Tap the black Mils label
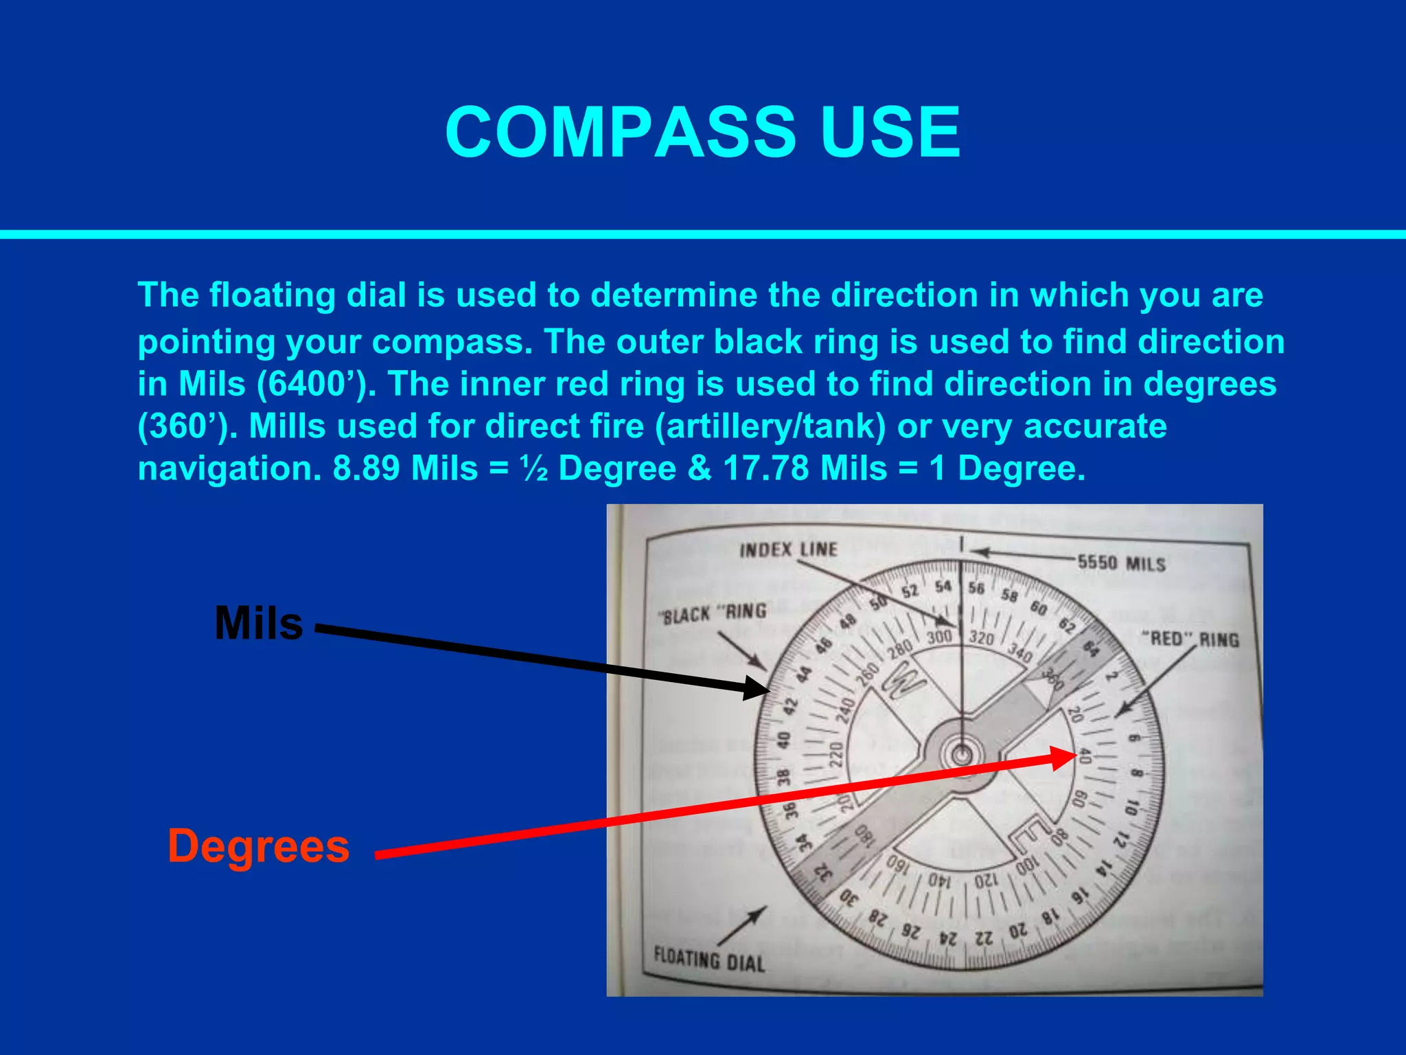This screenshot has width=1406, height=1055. pyautogui.click(x=258, y=623)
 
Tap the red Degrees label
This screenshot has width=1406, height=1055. pyautogui.click(x=259, y=846)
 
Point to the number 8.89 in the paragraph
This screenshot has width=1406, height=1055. pyautogui.click(x=367, y=468)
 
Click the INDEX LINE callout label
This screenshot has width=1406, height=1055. pyautogui.click(x=788, y=549)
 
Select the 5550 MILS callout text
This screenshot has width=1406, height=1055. pyautogui.click(x=1121, y=563)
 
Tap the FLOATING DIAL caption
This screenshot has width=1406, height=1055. pyautogui.click(x=708, y=959)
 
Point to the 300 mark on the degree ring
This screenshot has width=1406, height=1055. pyautogui.click(x=939, y=637)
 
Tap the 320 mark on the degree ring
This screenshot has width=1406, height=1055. pyautogui.click(x=982, y=637)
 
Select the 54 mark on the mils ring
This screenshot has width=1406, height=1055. pyautogui.click(x=943, y=586)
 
